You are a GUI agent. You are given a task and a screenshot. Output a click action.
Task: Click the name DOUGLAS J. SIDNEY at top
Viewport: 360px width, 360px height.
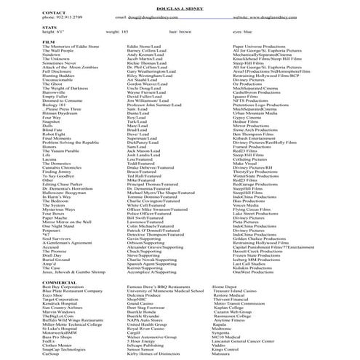tap(180, 3)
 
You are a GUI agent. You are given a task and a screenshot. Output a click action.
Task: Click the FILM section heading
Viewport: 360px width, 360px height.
tap(9, 43)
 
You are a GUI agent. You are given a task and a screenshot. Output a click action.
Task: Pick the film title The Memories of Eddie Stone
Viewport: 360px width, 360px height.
tap(32, 49)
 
